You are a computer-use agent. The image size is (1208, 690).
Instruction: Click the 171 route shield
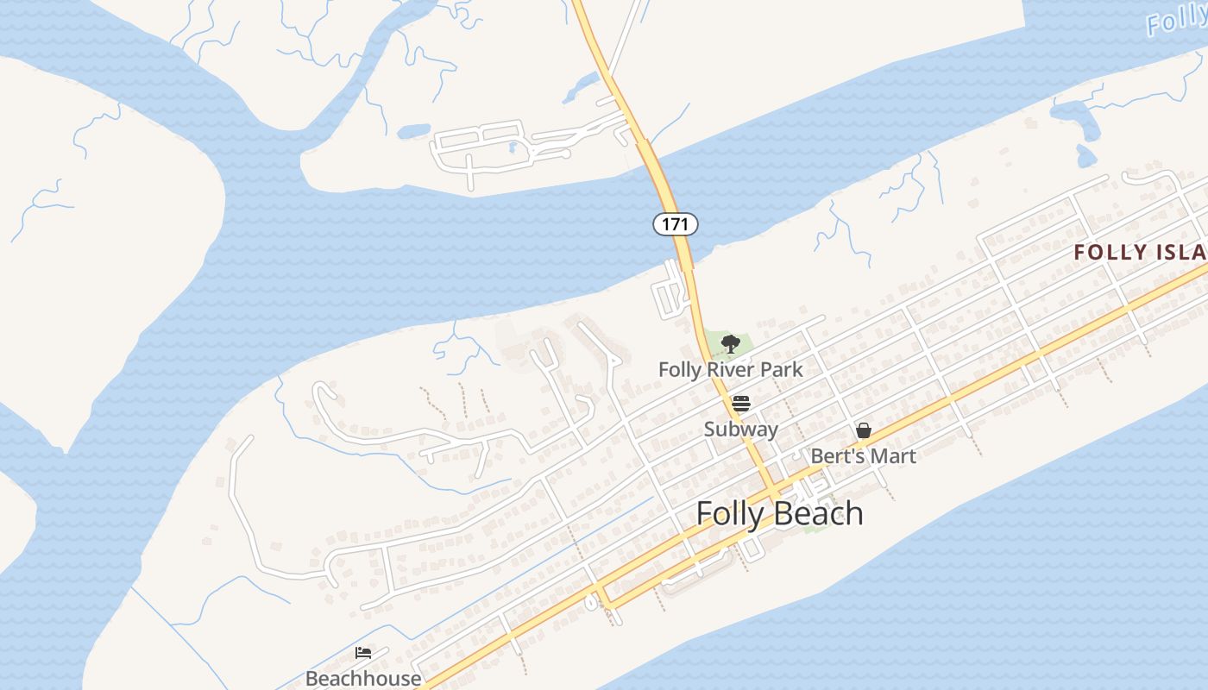[675, 224]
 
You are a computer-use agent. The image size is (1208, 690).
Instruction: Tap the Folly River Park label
[730, 370]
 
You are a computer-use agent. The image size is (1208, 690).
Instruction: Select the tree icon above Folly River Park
[730, 344]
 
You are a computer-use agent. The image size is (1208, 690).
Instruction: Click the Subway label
[740, 429]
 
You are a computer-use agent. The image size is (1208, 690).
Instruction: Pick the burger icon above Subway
[740, 403]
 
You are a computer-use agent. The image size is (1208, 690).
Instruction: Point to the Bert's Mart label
[863, 455]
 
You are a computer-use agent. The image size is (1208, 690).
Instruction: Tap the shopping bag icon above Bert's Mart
[863, 430]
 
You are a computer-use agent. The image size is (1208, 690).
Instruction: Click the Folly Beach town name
[779, 513]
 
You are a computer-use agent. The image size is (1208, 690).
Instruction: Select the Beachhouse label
[363, 678]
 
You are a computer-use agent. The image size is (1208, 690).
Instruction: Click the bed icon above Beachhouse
[363, 653]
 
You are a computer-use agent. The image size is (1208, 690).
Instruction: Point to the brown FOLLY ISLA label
[1140, 252]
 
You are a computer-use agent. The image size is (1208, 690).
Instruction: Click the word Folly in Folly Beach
[730, 513]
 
